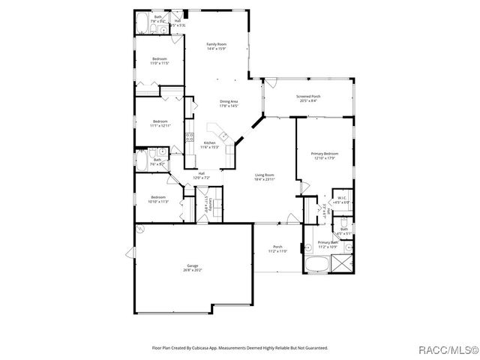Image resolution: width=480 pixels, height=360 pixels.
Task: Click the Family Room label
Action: pos(217,46)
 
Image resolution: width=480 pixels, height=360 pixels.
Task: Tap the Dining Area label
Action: pos(229,103)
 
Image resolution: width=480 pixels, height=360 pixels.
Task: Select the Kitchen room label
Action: pos(209,145)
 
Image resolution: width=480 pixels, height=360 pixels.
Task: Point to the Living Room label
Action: pos(265,176)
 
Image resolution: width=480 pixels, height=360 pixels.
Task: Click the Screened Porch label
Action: pos(308,98)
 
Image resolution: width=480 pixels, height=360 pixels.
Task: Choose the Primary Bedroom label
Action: pos(325,155)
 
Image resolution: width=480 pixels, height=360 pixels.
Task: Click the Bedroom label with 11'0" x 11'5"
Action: pos(160,61)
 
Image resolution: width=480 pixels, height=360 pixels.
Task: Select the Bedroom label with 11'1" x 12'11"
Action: pos(160,124)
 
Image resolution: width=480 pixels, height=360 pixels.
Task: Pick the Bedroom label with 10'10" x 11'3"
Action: pos(157,199)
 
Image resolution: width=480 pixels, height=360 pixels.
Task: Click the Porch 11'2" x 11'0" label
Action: pos(277,249)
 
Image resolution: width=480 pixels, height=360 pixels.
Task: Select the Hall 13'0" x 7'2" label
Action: pos(202,175)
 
